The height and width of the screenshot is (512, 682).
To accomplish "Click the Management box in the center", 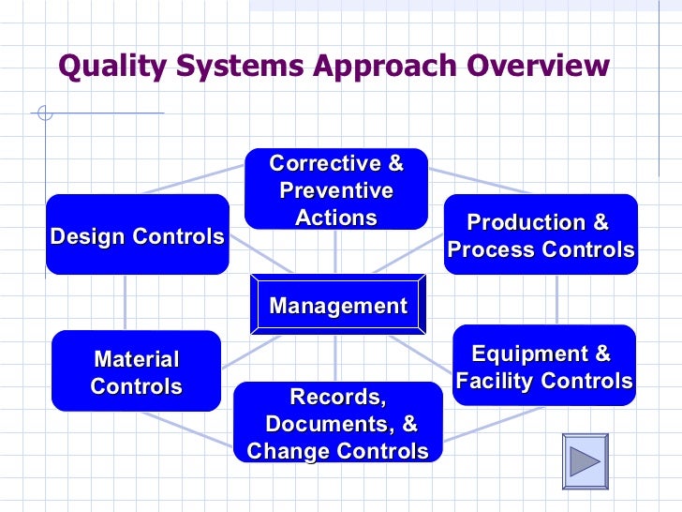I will tap(338, 306).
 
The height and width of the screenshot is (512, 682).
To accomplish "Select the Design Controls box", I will tap(137, 235).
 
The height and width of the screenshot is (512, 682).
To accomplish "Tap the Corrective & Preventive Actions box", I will tap(336, 189).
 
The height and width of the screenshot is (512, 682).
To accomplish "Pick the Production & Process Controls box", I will tap(541, 235).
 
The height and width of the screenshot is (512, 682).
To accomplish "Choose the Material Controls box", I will tap(136, 371).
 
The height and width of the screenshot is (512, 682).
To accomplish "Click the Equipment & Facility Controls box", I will tap(543, 367).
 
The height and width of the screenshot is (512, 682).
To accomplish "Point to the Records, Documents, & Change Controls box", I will tap(337, 423).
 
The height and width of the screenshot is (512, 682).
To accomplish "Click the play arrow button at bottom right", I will tap(585, 461).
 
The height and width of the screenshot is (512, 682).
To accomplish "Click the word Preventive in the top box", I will tap(336, 190).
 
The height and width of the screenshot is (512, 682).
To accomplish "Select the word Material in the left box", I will tap(136, 359).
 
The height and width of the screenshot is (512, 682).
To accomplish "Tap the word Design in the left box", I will tap(86, 236).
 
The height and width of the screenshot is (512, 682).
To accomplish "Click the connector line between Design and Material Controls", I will tap(125, 302).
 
